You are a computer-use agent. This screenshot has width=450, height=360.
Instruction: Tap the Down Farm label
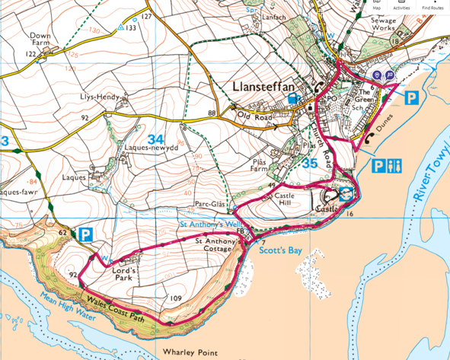40,40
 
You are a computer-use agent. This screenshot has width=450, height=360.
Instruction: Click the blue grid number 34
156,139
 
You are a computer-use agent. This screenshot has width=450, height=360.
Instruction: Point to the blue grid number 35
309,163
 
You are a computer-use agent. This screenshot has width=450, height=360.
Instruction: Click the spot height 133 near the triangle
131,27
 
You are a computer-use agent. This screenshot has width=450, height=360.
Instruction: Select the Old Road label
254,116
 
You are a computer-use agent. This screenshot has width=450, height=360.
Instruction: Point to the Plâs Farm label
266,166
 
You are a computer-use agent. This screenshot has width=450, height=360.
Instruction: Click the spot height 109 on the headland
174,298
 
